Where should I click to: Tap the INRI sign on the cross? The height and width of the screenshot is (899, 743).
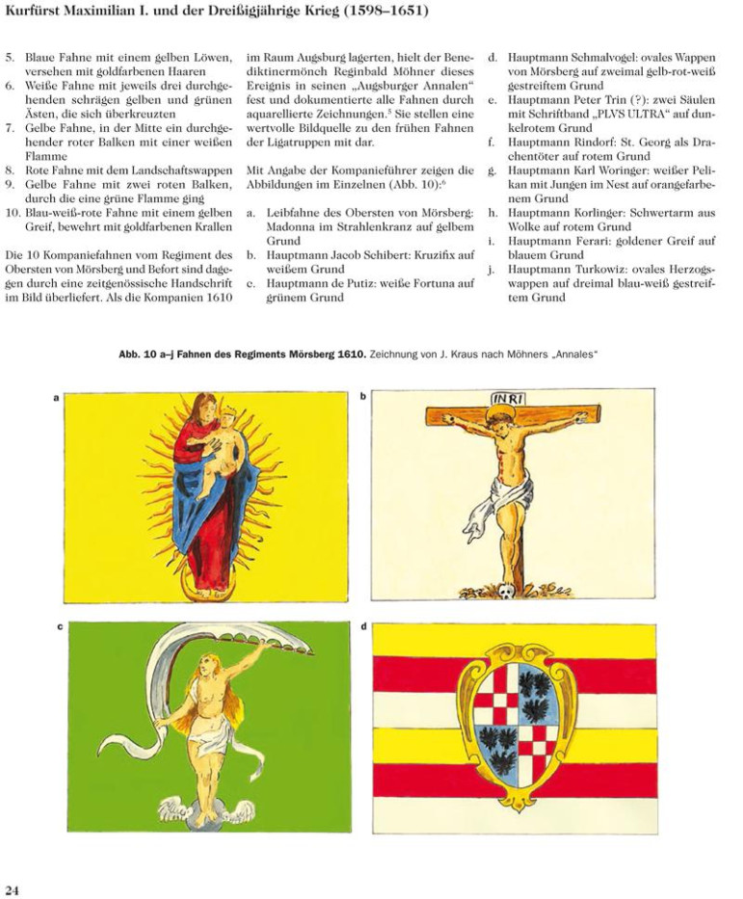(x=508, y=400)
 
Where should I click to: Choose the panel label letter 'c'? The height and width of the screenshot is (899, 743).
(x=60, y=626)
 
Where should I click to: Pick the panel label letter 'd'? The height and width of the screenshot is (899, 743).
(x=362, y=626)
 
